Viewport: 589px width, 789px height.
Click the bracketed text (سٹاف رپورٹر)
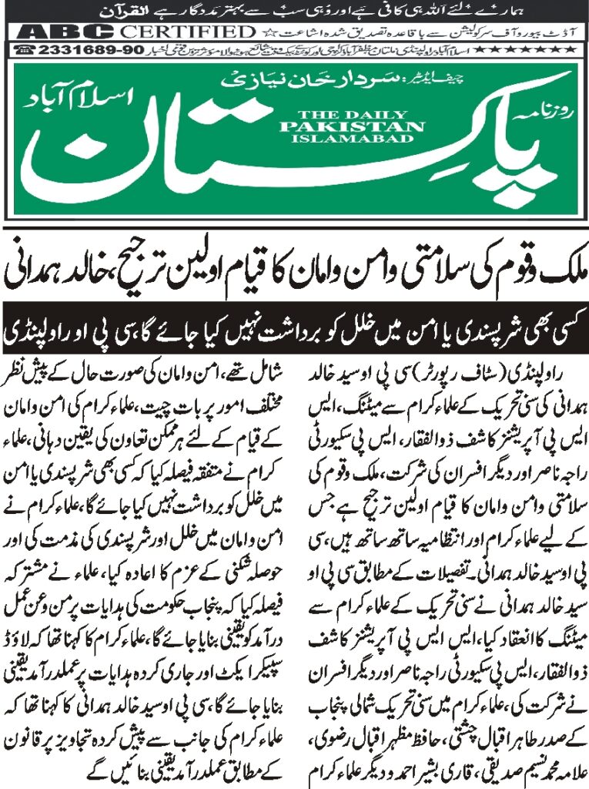tap(477, 373)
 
